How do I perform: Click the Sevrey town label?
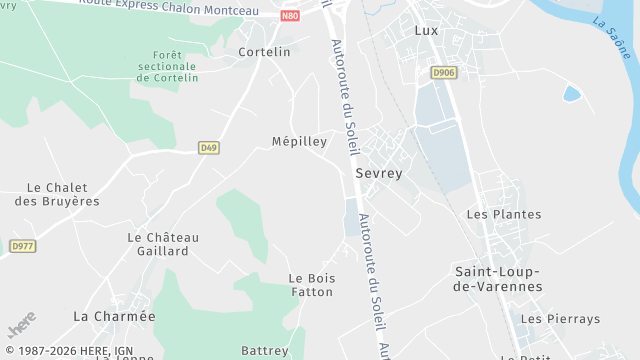coord(379,173)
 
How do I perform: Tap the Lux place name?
coord(426,31)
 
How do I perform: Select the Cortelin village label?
coord(264,52)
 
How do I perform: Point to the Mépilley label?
coord(299,142)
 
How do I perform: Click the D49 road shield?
coord(208,148)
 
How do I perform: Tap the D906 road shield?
coord(443,73)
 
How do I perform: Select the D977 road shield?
coord(22,246)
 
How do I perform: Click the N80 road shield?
coord(290,16)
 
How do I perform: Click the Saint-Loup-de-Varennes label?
coord(498,279)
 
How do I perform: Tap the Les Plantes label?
coord(504,214)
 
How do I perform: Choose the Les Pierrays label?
coord(560,319)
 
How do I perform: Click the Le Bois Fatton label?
coord(311,285)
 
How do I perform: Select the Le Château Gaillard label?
coord(163,244)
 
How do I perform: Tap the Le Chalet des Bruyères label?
coord(57,194)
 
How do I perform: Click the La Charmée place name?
coord(115,316)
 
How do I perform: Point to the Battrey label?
coord(264,351)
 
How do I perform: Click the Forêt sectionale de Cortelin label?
coord(169,67)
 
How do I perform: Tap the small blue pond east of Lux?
coord(571,94)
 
